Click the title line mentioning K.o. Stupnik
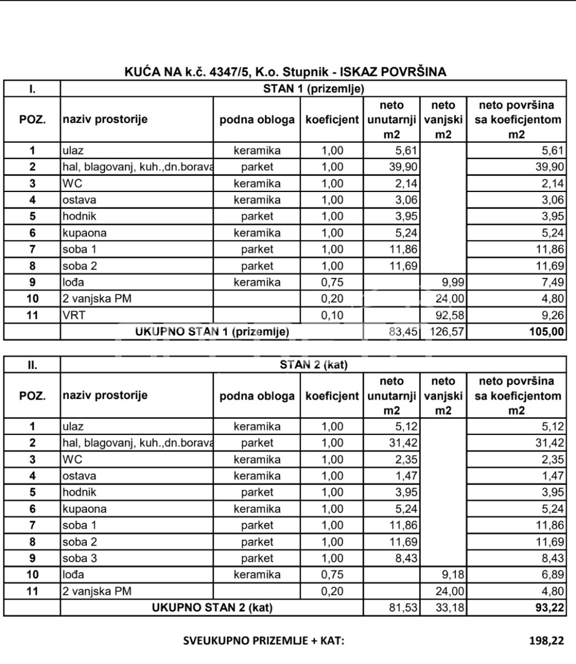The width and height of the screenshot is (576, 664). point(286,72)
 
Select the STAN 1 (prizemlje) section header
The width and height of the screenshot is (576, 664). point(313,89)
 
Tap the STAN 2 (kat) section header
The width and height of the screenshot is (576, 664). point(313,365)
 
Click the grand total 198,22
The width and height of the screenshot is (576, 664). point(547,641)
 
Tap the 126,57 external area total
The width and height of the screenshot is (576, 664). point(446,332)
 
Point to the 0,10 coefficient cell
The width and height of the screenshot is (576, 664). point(332,315)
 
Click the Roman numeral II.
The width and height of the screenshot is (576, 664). point(32,365)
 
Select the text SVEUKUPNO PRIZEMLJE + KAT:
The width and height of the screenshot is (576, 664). point(264,641)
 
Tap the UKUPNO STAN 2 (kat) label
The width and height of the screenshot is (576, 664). point(212,608)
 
